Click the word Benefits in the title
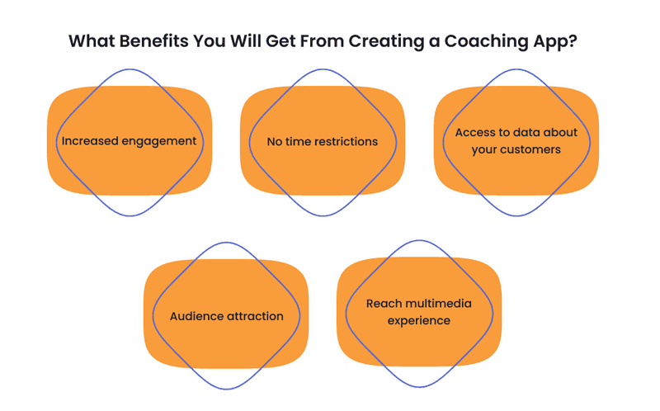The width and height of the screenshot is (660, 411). pyautogui.click(x=153, y=41)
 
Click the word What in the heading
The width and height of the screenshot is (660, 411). pyautogui.click(x=92, y=41)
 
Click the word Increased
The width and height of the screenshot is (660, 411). pyautogui.click(x=90, y=140)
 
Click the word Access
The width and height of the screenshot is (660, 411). pyautogui.click(x=474, y=132)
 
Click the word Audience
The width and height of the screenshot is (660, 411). pyautogui.click(x=196, y=316)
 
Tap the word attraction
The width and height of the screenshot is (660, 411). pyautogui.click(x=255, y=316)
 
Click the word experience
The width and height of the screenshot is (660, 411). pyautogui.click(x=419, y=321)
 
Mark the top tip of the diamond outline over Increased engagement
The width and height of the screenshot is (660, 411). pyautogui.click(x=130, y=69)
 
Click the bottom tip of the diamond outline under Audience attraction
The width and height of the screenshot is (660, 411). pyautogui.click(x=226, y=389)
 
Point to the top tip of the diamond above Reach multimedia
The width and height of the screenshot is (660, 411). pyautogui.click(x=419, y=240)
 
